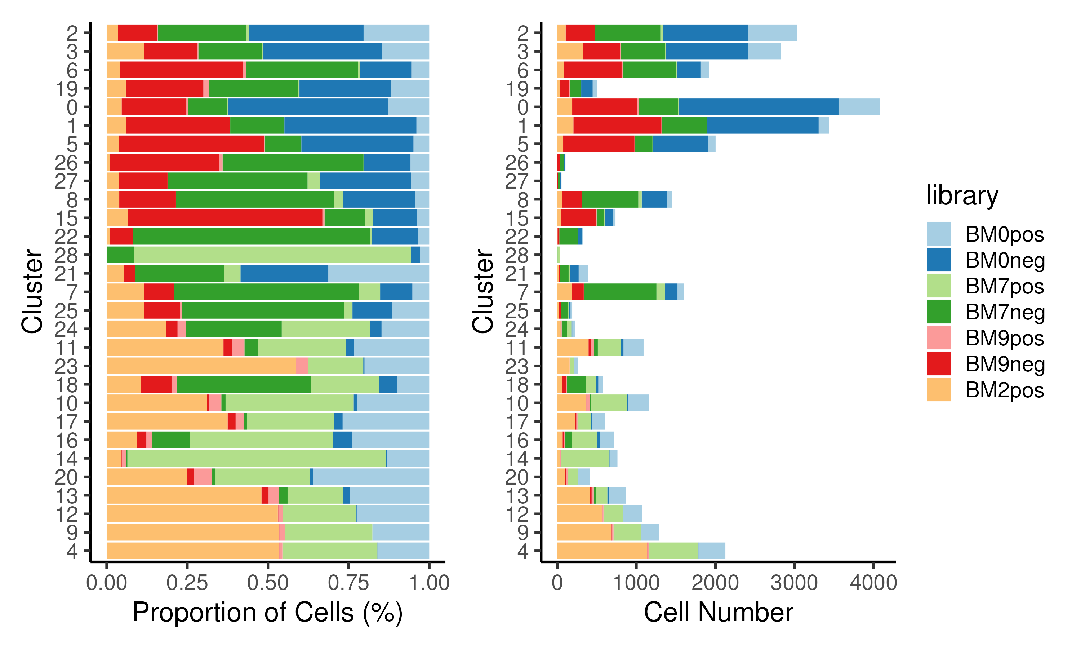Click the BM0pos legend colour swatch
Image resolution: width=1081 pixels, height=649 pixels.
tap(939, 234)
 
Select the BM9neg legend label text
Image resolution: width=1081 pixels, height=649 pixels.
tap(1005, 364)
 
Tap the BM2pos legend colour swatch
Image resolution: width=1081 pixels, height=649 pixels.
tap(939, 389)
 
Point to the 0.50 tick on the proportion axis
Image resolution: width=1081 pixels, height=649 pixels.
tap(267, 583)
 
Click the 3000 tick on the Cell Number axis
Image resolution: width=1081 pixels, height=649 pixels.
tap(793, 583)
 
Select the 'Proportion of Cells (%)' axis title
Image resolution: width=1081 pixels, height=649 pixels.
tap(267, 612)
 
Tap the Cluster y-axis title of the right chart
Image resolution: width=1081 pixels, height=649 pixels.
tap(482, 291)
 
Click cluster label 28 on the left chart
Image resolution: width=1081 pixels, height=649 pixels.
tap(66, 255)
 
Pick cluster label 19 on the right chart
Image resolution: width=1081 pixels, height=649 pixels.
tap(517, 89)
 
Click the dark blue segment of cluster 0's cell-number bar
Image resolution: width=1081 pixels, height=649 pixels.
tap(758, 107)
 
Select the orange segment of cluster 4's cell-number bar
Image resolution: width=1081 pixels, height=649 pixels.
tap(602, 551)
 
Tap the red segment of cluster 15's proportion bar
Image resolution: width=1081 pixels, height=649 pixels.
tap(225, 218)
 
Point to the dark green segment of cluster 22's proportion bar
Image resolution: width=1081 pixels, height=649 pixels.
tap(251, 237)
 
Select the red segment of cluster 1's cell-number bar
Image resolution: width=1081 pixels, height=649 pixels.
tap(617, 125)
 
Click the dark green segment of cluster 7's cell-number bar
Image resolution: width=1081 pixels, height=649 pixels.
tap(619, 292)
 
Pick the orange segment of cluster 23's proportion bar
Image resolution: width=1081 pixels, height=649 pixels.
tap(201, 366)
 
